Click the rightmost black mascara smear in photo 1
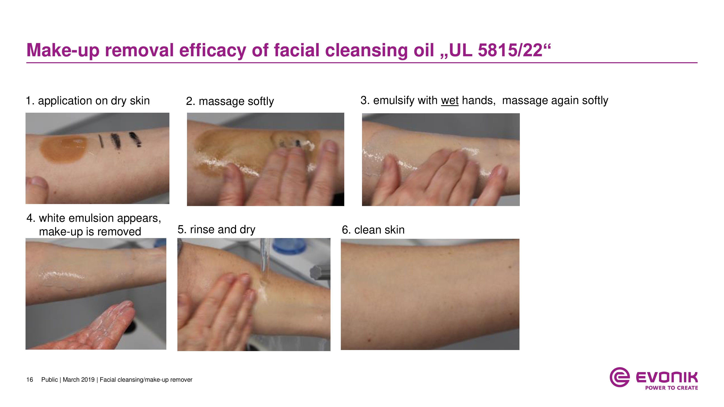coord(135,139)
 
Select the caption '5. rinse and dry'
coord(216,230)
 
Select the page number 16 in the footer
coord(30,380)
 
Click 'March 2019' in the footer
coord(79,380)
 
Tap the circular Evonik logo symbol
coord(619,377)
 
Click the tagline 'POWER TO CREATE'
coord(672,388)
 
